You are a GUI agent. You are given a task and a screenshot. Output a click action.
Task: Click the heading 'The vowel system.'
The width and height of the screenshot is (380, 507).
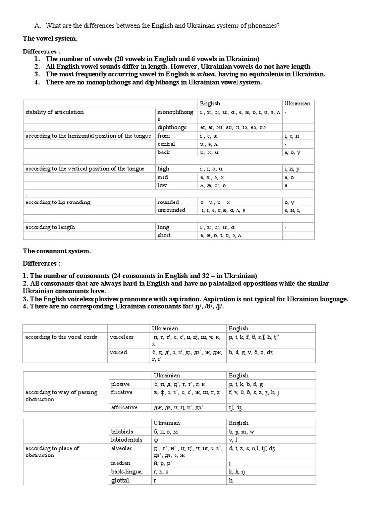click(50, 38)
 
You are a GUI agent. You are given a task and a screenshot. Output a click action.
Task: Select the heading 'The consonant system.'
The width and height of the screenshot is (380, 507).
click(57, 251)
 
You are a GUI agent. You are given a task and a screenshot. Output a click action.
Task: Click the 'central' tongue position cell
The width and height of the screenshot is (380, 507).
click(167, 144)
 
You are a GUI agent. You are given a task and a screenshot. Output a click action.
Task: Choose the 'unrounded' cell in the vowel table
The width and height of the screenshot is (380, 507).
click(171, 210)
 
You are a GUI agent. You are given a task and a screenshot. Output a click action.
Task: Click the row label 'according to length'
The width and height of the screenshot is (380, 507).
click(50, 227)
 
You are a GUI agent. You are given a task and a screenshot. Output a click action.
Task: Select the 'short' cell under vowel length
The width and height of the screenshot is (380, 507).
click(164, 235)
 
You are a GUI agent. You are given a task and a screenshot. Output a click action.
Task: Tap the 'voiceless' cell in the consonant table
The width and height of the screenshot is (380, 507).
click(122, 337)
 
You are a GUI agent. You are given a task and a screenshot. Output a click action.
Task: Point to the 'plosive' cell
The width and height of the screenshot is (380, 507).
click(120, 384)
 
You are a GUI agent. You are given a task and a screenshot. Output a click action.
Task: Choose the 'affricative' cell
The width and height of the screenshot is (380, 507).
click(124, 407)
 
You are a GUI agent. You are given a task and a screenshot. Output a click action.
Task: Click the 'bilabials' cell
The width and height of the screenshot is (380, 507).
click(123, 431)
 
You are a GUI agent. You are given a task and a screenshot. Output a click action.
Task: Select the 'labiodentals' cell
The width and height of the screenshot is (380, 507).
click(127, 439)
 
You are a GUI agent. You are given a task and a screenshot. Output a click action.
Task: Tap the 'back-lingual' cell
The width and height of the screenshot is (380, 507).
click(127, 472)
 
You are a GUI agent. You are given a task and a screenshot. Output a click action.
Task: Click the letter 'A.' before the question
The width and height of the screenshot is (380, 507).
click(37, 26)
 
